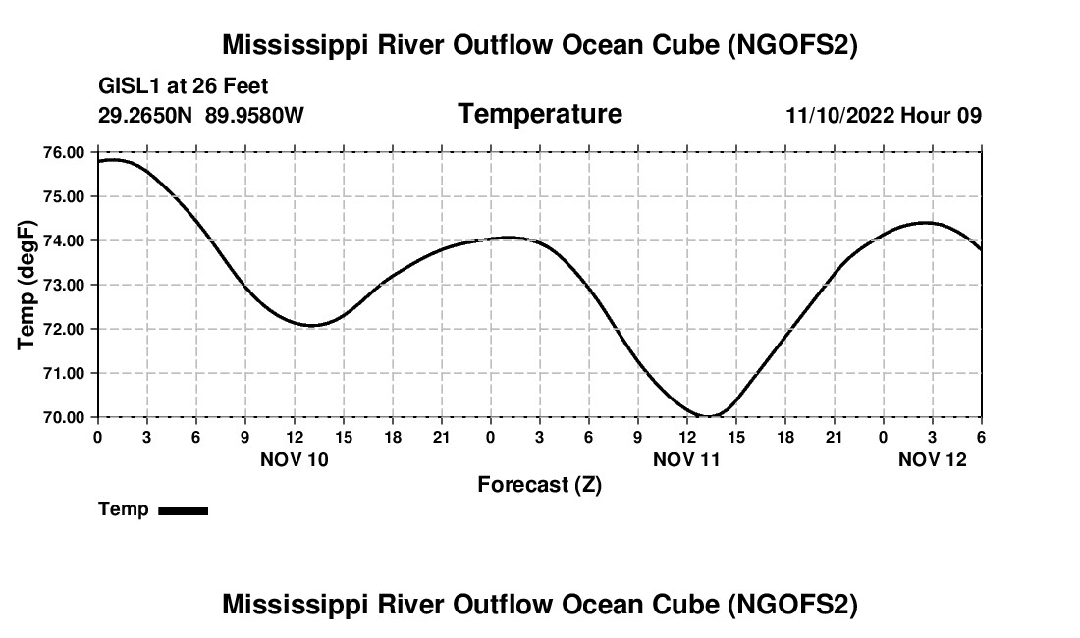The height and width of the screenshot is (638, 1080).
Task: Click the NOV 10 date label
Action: click(x=295, y=458)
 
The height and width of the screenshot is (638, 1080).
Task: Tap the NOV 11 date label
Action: click(x=687, y=458)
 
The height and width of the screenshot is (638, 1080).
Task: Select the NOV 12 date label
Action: click(x=933, y=458)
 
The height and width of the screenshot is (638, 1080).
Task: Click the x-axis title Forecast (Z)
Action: click(x=539, y=484)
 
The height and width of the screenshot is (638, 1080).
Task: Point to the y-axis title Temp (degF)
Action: click(x=28, y=285)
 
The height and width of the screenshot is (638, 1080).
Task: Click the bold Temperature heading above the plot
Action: click(x=540, y=114)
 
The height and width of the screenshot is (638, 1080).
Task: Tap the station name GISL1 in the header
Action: click(x=126, y=87)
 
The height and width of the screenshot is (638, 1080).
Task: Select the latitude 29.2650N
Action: click(x=146, y=115)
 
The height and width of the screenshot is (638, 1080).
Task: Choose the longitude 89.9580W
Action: click(x=255, y=115)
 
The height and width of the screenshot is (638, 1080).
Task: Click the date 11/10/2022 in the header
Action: click(x=839, y=115)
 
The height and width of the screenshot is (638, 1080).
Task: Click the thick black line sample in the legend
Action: click(x=183, y=510)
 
